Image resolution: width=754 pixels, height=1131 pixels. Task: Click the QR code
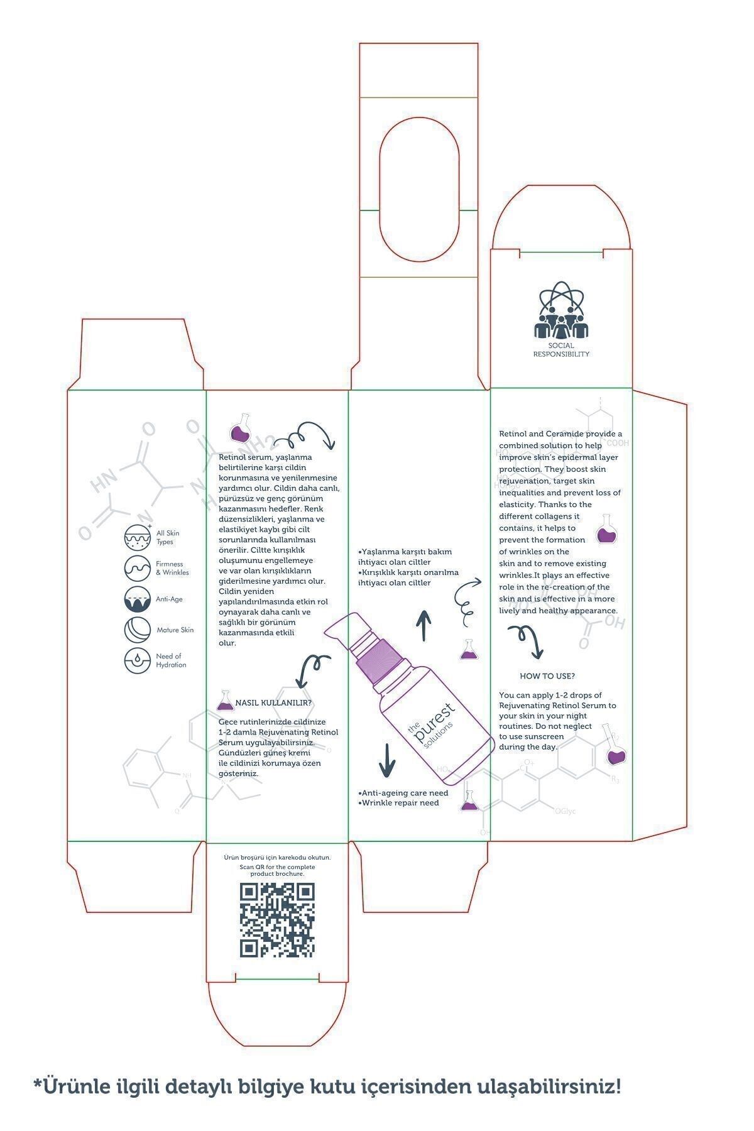click(277, 920)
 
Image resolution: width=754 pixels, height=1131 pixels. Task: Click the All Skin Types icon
click(138, 538)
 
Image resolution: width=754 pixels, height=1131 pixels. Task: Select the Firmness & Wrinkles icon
click(138, 568)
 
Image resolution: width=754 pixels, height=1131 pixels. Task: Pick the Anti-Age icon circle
click(138, 599)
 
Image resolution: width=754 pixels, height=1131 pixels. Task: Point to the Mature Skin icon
click(138, 630)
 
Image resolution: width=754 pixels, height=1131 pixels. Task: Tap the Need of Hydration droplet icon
click(138, 660)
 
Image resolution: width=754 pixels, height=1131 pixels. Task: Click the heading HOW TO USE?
click(547, 676)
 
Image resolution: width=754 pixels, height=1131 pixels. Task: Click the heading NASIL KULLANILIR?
click(273, 702)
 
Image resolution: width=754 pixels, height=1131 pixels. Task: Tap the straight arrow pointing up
click(425, 625)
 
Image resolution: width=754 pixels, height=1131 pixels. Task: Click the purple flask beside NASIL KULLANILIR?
click(225, 701)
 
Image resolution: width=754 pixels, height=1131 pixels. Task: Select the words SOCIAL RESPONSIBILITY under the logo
click(561, 350)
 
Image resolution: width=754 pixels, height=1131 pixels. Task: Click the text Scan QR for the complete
click(277, 867)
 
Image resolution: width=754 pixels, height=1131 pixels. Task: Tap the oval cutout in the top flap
click(418, 187)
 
